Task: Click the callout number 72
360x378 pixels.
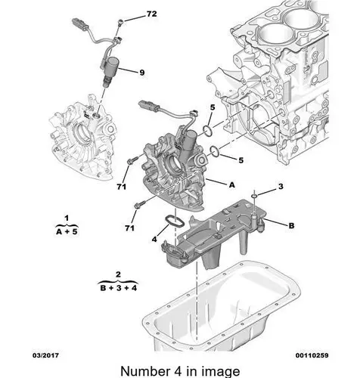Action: pos(151,14)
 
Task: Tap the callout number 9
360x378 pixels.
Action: pos(142,73)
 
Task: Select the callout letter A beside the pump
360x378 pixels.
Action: pos(231,185)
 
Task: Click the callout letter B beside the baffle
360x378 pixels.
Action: pos(291,225)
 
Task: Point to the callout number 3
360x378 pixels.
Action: pos(281,187)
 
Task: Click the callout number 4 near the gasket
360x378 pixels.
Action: pos(154,239)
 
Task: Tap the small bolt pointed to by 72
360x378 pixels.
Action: pos(121,23)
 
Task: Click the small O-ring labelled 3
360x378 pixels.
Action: pos(255,196)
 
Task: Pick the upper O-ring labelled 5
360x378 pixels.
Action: pos(208,131)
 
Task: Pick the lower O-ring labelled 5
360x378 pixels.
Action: pos(215,150)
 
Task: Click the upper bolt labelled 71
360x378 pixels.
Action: pos(132,160)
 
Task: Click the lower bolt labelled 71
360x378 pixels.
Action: pos(139,204)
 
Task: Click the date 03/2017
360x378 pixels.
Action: pos(45,355)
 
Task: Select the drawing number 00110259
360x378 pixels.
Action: pos(312,355)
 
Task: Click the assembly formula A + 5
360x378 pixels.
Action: pos(67,231)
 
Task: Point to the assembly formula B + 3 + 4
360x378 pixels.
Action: pos(118,287)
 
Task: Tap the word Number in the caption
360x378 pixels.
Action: pos(145,371)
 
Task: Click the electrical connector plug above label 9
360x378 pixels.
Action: pos(79,22)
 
